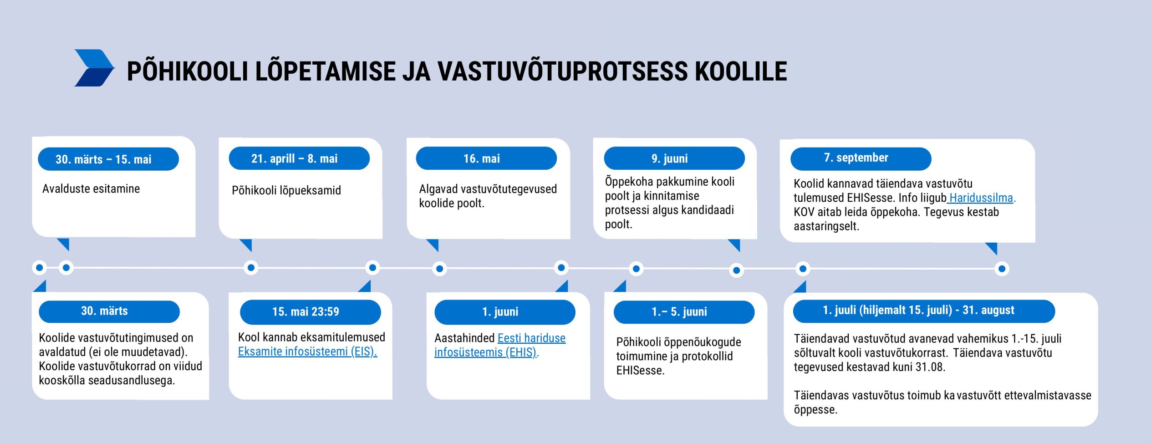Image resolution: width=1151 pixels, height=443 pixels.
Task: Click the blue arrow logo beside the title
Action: (x=94, y=68)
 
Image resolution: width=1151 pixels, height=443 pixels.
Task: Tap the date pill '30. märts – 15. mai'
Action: (x=108, y=159)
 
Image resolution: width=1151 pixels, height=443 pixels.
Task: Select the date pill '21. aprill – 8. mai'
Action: (x=299, y=158)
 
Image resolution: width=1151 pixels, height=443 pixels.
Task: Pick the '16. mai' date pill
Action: (x=486, y=158)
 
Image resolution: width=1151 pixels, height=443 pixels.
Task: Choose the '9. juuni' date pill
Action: (x=674, y=158)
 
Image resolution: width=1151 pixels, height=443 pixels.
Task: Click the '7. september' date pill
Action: (x=861, y=158)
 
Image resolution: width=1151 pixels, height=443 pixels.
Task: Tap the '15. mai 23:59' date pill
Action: (x=311, y=312)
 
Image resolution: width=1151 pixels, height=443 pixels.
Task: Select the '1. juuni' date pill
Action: (x=505, y=312)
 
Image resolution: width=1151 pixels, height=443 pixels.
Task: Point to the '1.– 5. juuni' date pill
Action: (x=684, y=312)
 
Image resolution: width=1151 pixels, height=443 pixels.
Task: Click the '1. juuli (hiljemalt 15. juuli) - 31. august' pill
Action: (x=924, y=311)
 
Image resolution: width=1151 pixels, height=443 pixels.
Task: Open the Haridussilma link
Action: (x=981, y=198)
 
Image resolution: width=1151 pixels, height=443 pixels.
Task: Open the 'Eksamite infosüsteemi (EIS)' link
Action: (x=307, y=352)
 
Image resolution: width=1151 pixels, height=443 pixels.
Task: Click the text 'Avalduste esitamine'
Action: (x=91, y=188)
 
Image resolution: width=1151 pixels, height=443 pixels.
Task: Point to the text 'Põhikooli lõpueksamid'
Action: (x=286, y=190)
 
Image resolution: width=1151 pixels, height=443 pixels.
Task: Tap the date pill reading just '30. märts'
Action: (x=109, y=312)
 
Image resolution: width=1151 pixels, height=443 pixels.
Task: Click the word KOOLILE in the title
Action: (x=741, y=71)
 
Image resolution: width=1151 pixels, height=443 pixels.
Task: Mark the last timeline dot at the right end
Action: (x=1002, y=269)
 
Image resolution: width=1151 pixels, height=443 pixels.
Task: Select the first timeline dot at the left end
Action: (x=40, y=267)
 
